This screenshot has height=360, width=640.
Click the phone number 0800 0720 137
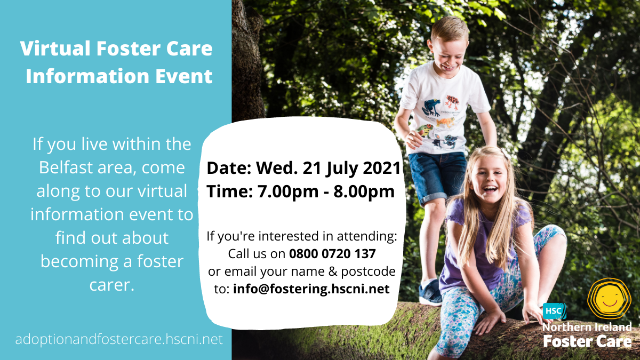coord(332,254)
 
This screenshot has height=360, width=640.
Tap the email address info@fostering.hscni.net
coord(311,289)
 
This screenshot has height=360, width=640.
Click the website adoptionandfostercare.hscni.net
coord(119,339)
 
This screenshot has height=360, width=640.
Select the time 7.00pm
coord(287,191)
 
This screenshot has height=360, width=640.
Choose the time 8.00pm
coord(364,191)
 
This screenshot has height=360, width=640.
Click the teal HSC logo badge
coord(554,311)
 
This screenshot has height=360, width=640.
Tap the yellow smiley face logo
coord(609,298)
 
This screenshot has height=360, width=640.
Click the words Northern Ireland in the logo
coord(587,327)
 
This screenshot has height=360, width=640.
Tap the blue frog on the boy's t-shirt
coord(431,107)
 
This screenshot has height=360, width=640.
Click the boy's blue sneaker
coord(430,292)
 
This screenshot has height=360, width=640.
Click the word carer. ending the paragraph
coord(111,285)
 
